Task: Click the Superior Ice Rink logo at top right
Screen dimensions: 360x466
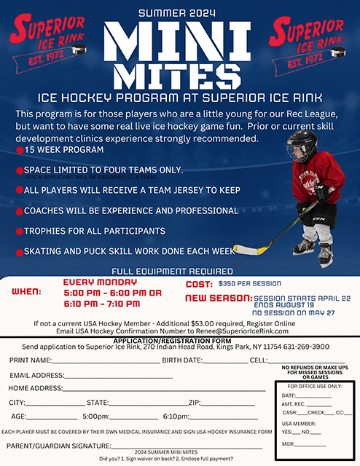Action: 308,41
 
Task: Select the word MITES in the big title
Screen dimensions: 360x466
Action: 179,75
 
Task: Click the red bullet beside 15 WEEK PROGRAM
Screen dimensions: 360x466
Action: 20,150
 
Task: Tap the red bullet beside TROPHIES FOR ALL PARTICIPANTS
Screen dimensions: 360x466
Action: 20,232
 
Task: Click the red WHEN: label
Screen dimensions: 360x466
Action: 28,291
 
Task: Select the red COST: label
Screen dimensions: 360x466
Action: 199,284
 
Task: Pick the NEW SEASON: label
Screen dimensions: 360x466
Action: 217,298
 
